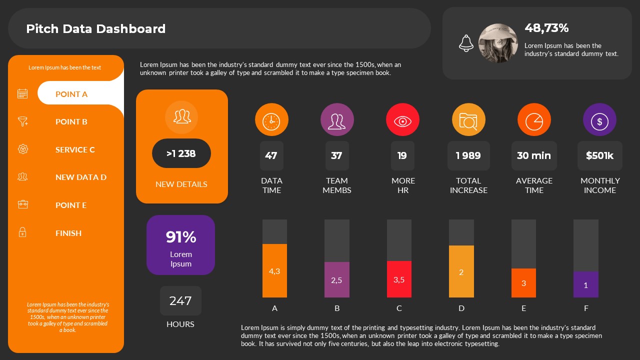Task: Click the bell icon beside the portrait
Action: coord(466,43)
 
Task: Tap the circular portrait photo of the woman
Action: coord(498,43)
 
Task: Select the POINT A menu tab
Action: coord(71,94)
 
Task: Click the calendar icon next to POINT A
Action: coord(22,93)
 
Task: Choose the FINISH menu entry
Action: coord(68,233)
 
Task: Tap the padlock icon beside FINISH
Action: coord(22,232)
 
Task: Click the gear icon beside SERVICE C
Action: coord(22,149)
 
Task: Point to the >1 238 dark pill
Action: coord(181,153)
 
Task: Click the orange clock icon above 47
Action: coord(271,120)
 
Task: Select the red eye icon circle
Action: coord(402,120)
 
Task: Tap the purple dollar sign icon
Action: coord(599,120)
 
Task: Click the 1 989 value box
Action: coord(468,155)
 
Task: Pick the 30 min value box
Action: coord(534,155)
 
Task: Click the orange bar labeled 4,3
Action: coord(274,270)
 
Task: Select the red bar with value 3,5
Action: coord(399,279)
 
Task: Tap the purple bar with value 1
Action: coord(586,284)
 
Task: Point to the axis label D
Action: coord(461,308)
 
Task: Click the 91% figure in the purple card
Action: coord(181,237)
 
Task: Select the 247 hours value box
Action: coord(180,300)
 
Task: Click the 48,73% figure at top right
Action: coord(546,28)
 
